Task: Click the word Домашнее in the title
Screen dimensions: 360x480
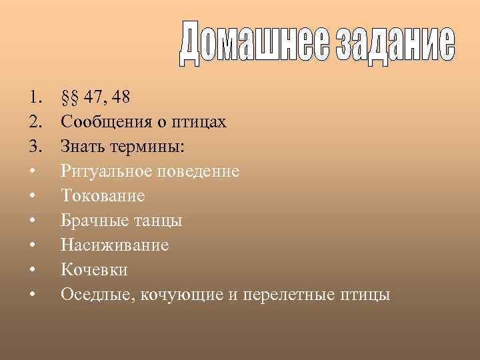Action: tap(254, 47)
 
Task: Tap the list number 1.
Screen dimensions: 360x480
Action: tap(35, 98)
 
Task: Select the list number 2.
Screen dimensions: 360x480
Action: tap(35, 123)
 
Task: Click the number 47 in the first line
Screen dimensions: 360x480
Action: tap(96, 98)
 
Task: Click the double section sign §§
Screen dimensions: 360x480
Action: tap(70, 98)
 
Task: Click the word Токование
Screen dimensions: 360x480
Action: tap(103, 196)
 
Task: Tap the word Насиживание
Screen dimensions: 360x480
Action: tap(115, 245)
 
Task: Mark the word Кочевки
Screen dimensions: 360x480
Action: tap(94, 269)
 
